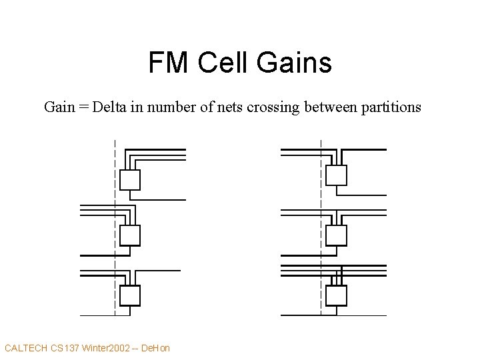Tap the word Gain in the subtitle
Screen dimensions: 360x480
(x=59, y=107)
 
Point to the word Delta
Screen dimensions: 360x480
(x=109, y=107)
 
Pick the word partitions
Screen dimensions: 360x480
(x=389, y=107)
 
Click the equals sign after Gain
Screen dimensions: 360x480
(x=83, y=107)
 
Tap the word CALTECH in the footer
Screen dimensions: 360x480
(x=26, y=347)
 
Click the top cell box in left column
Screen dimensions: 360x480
(x=129, y=179)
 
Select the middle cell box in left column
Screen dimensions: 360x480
(x=129, y=235)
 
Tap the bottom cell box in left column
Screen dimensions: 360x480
(x=129, y=294)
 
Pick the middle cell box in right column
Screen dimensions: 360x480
(x=337, y=235)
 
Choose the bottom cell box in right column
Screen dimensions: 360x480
(x=337, y=294)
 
